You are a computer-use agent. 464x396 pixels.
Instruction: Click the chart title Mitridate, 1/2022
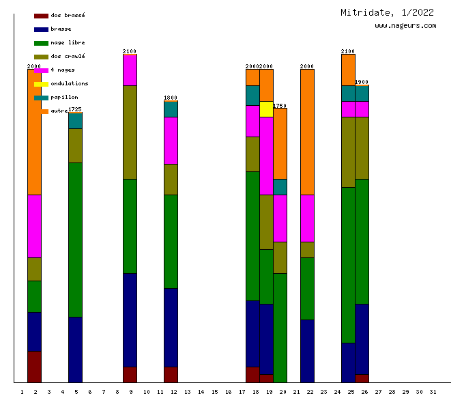pyautogui.click(x=387, y=12)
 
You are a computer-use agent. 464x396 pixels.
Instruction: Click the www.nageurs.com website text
pyautogui.click(x=405, y=26)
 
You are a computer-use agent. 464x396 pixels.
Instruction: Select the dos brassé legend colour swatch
pyautogui.click(x=41, y=15)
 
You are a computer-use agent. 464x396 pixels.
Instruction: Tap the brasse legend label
pyautogui.click(x=61, y=29)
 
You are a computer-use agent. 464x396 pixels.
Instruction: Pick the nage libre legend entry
pyautogui.click(x=68, y=42)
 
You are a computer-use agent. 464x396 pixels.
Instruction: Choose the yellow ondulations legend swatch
pyautogui.click(x=41, y=83)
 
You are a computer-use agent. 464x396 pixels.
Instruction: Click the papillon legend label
pyautogui.click(x=64, y=97)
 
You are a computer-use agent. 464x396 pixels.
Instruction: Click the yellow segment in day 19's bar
pyautogui.click(x=266, y=109)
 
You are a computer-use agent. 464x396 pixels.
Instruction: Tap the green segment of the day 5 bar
pyautogui.click(x=75, y=239)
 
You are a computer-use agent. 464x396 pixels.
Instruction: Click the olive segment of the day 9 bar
pyautogui.click(x=130, y=132)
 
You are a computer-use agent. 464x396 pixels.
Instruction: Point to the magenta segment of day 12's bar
pyautogui.click(x=171, y=140)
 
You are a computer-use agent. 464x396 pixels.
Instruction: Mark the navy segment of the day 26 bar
pyautogui.click(x=362, y=339)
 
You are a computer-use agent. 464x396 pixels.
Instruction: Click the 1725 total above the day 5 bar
pyautogui.click(x=75, y=109)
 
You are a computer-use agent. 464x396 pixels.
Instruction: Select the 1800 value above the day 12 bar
pyautogui.click(x=171, y=98)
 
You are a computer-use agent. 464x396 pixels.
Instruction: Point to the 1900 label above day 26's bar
pyautogui.click(x=362, y=82)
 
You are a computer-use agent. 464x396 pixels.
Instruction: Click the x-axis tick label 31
pyautogui.click(x=433, y=391)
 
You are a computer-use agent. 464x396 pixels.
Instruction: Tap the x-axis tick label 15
pyautogui.click(x=214, y=391)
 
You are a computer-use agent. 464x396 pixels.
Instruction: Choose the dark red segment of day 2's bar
pyautogui.click(x=34, y=367)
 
